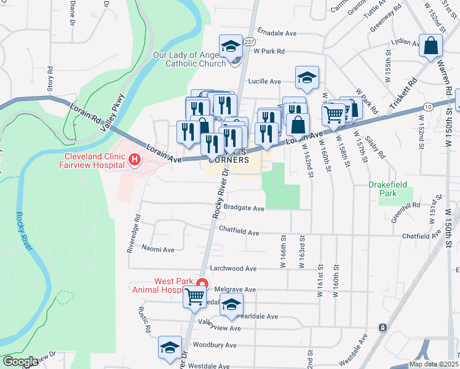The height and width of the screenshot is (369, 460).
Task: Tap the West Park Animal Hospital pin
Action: point(201,285)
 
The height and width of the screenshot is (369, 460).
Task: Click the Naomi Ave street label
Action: point(158,250)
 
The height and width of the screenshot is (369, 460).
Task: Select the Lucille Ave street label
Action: point(264,81)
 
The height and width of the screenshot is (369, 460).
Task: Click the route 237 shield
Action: point(248,42)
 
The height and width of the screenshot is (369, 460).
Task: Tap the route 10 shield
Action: point(427,107)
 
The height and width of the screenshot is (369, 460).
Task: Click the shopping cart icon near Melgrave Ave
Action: point(195,296)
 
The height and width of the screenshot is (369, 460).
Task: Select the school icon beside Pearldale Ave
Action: point(231,304)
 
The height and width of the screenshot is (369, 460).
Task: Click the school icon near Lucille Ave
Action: point(307,77)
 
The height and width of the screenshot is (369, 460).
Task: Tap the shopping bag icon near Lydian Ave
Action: point(431,45)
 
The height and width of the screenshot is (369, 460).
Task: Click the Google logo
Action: point(20,362)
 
